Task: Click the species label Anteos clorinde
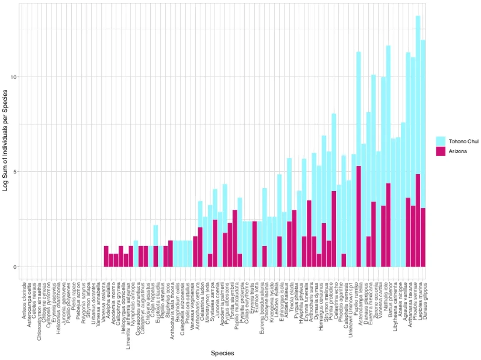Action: pos(24,298)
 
